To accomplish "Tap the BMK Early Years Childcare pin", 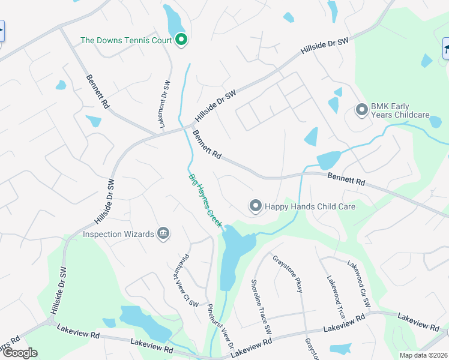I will click(361, 110).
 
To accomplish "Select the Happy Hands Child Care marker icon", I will click(255, 206).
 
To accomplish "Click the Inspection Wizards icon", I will click(163, 233).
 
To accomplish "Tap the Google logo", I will click(20, 352).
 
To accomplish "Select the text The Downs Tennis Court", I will click(125, 41).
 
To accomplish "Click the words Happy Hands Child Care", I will click(310, 206).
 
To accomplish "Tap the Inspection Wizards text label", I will click(119, 234).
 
